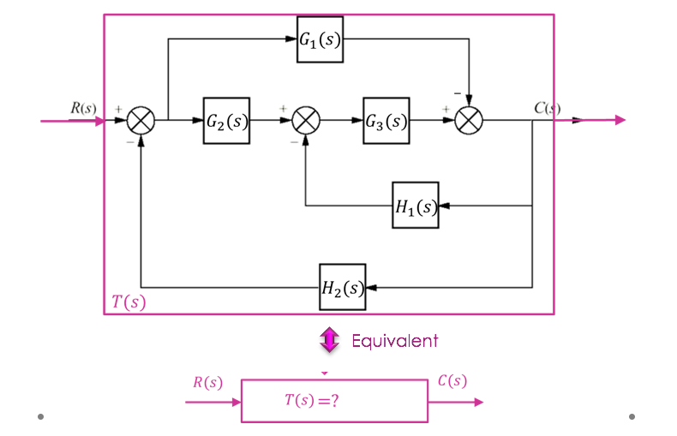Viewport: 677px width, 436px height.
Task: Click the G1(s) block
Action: click(x=321, y=39)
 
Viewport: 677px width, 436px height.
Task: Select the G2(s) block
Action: click(x=226, y=121)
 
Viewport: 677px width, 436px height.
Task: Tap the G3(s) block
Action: click(x=386, y=121)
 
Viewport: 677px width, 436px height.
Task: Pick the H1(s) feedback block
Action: click(x=416, y=206)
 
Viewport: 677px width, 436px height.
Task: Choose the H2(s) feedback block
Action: click(x=343, y=287)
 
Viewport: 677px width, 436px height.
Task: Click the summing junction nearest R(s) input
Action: click(x=141, y=121)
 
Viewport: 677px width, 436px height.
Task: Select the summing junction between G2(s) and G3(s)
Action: click(x=306, y=121)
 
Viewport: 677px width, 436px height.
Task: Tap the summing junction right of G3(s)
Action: click(x=469, y=121)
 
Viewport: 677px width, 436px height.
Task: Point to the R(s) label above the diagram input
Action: click(x=83, y=108)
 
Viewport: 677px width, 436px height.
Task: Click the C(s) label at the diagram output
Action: click(x=547, y=108)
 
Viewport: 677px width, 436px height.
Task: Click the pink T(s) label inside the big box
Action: click(x=129, y=302)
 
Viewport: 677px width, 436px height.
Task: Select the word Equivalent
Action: click(x=395, y=341)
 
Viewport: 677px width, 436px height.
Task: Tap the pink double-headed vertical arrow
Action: click(x=330, y=340)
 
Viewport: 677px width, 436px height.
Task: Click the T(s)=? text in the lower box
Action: click(x=312, y=400)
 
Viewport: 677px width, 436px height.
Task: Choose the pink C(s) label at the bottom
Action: click(x=452, y=381)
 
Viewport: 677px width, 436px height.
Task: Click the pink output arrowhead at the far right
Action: click(x=619, y=120)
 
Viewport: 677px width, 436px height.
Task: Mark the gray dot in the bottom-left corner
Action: click(x=40, y=417)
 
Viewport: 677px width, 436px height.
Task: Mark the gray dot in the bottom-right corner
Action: click(x=632, y=417)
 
